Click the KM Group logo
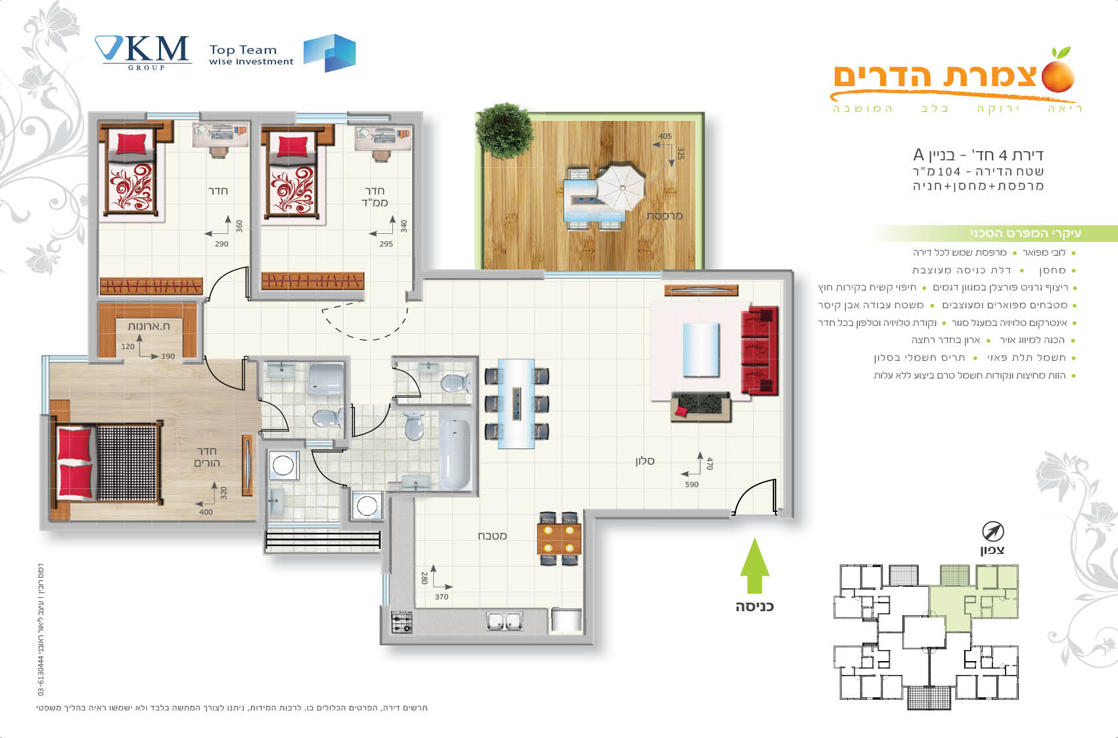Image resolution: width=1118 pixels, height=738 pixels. [143, 53]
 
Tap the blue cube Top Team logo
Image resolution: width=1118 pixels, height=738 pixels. [329, 53]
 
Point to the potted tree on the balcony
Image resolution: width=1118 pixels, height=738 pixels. [505, 130]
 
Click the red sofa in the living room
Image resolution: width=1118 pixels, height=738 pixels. [760, 350]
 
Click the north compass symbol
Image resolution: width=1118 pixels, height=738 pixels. [992, 532]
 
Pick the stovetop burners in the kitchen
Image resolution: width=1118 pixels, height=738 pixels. [402, 622]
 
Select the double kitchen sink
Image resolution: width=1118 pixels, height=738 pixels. [504, 621]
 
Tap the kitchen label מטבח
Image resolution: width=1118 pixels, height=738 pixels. [492, 536]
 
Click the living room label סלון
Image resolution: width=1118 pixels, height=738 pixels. [645, 461]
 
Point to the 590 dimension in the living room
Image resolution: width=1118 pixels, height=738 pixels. [691, 484]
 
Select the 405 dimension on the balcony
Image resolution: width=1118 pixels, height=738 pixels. [665, 136]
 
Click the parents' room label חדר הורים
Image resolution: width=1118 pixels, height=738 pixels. [206, 457]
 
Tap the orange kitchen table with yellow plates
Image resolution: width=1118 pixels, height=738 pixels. [559, 539]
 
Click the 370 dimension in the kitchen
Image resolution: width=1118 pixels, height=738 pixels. [442, 596]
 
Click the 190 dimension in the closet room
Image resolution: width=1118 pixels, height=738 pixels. [168, 356]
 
